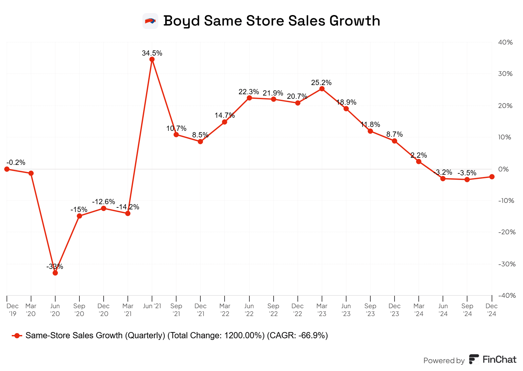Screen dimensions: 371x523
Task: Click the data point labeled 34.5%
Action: point(152,59)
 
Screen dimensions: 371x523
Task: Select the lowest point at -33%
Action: point(55,273)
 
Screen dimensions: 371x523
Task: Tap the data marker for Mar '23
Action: point(322,89)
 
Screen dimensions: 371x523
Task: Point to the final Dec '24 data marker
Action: point(492,177)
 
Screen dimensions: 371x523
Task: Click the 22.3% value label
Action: point(249,92)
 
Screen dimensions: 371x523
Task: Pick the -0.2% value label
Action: point(16,163)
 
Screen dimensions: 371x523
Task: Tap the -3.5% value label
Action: point(467,173)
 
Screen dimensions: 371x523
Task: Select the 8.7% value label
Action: point(395,134)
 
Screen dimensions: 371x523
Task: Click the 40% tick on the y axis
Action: point(505,42)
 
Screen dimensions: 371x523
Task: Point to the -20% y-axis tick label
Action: point(507,232)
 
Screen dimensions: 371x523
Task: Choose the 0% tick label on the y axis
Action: point(503,169)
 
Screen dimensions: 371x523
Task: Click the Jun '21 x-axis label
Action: point(152,306)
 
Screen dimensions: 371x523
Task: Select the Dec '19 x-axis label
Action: point(12,310)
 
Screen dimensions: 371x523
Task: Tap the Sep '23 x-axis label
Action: point(370,310)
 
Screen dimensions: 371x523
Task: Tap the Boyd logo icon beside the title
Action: point(150,21)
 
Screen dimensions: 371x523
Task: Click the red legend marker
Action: point(17,336)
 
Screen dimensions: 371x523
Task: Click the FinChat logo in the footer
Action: point(493,360)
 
